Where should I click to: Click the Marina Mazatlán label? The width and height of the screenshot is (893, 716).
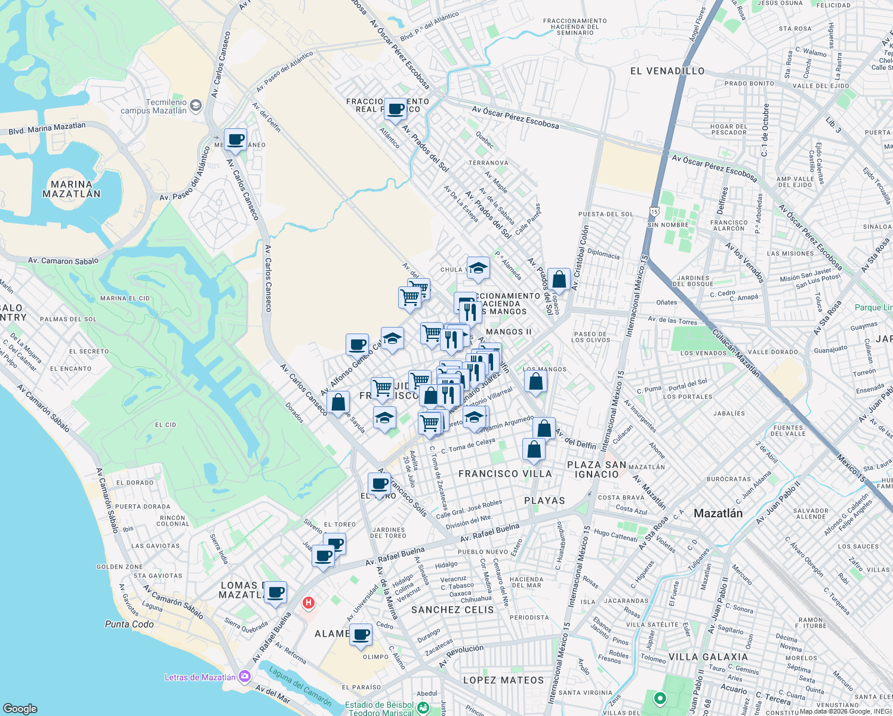[72, 189]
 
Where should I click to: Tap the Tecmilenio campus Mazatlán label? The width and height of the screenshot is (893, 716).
[154, 106]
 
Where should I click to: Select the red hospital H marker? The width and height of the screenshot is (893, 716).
[309, 603]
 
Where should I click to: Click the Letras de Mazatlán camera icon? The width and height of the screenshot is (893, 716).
[244, 677]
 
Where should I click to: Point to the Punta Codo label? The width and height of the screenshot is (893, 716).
[130, 624]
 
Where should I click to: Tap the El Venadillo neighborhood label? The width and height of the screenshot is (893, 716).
[667, 71]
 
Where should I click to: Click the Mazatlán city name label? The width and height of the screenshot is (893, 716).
[718, 513]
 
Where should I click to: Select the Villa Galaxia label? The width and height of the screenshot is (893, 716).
[709, 657]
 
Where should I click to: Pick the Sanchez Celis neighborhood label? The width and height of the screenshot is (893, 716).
[452, 610]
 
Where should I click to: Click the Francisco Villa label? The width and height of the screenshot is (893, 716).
[505, 474]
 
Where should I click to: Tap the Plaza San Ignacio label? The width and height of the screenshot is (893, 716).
[596, 470]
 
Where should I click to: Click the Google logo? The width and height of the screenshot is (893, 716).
[20, 708]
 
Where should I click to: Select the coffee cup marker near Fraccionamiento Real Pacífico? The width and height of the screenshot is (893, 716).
[395, 109]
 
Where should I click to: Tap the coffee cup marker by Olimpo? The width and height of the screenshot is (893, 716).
[361, 635]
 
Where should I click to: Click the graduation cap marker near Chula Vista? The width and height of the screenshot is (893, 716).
[478, 268]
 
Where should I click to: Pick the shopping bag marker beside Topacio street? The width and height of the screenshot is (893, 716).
[559, 279]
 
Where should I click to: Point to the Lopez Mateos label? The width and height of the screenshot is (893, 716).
[504, 680]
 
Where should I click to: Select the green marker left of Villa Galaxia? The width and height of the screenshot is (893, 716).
[660, 698]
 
